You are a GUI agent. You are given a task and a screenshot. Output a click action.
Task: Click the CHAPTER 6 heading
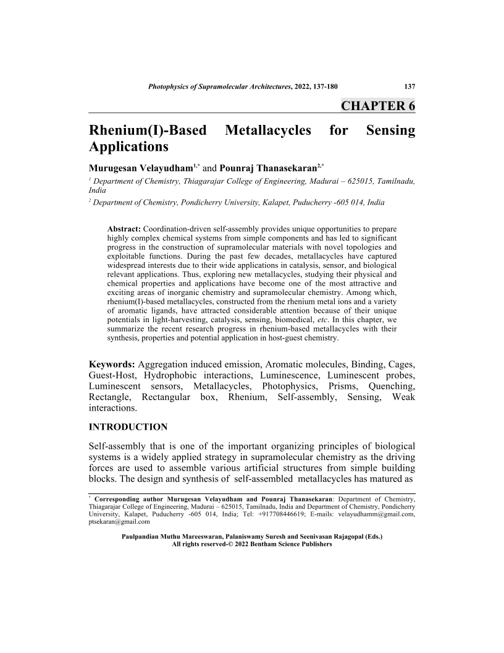pyautogui.click(x=377, y=105)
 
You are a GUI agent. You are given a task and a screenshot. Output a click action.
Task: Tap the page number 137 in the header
pyautogui.click(x=409, y=87)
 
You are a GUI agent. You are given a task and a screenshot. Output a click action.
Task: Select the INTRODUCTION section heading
pyautogui.click(x=128, y=427)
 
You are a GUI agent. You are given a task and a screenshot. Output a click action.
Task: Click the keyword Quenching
pyautogui.click(x=392, y=386)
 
